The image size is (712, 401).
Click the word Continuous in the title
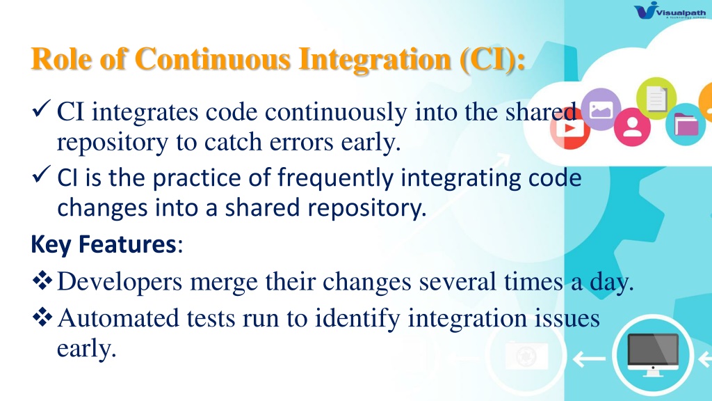[x=213, y=59]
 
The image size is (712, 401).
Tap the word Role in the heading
[x=61, y=59]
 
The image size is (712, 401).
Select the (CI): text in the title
[x=493, y=60]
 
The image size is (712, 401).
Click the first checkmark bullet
[x=41, y=109]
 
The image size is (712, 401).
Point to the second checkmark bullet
[x=41, y=175]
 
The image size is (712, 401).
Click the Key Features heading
[x=104, y=244]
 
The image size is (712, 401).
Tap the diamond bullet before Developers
[x=42, y=280]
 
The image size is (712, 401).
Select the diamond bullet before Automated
[x=42, y=317]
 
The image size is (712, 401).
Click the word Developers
[x=120, y=283]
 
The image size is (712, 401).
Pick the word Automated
[x=118, y=317]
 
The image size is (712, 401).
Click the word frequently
[x=335, y=178]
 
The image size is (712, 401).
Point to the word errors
[x=300, y=143]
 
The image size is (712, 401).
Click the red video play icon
[x=569, y=128]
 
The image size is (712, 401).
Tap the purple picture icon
[x=601, y=109]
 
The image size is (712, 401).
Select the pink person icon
[x=632, y=127]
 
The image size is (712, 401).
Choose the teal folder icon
[x=686, y=125]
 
